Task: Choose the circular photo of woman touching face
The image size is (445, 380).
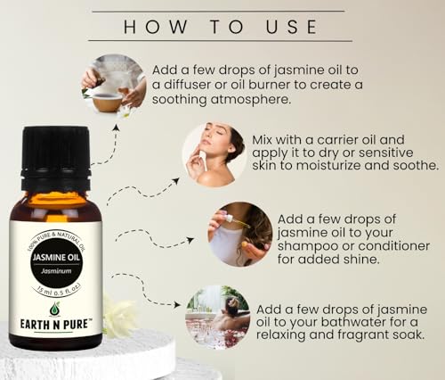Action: (213, 155)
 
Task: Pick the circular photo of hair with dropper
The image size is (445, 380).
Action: (239, 234)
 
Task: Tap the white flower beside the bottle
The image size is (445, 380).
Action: (118, 314)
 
